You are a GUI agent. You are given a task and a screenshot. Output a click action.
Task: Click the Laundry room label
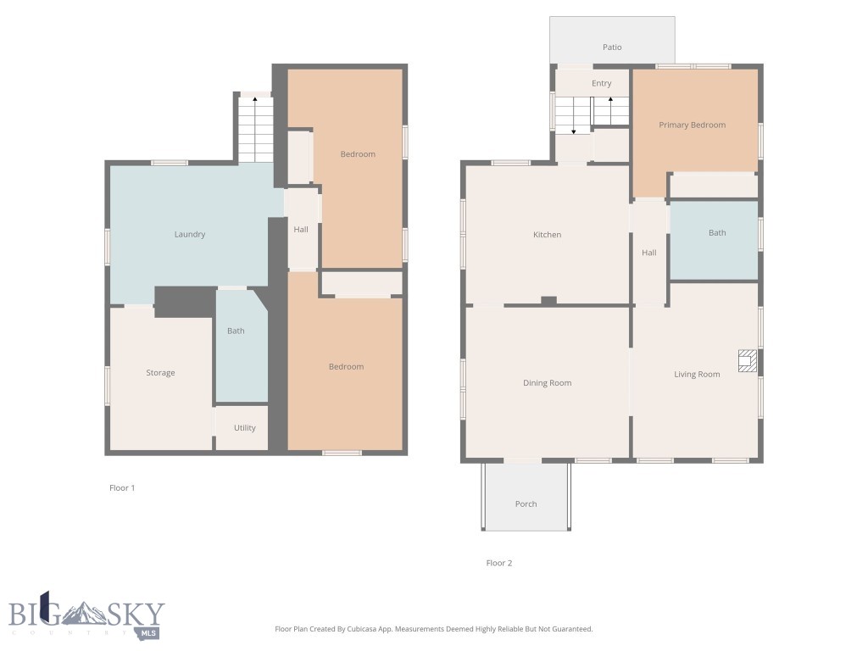(190, 235)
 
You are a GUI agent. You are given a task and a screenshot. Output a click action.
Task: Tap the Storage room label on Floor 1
(160, 373)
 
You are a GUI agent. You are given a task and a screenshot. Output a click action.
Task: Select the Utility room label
(245, 428)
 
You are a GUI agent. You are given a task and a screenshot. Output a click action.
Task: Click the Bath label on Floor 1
(236, 331)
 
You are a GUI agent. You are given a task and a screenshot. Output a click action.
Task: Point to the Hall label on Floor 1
(301, 230)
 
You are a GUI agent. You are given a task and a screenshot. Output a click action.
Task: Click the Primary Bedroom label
(693, 125)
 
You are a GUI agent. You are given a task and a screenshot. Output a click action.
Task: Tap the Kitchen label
(547, 235)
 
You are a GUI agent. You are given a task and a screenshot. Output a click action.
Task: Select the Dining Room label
(547, 383)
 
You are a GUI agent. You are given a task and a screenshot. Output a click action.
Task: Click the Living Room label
(697, 375)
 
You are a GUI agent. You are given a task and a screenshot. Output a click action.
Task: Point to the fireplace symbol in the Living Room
(746, 361)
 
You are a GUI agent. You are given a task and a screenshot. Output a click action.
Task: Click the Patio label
(612, 47)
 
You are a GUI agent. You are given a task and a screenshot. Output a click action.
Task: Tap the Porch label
(526, 504)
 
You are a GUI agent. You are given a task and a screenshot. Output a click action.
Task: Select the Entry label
(602, 84)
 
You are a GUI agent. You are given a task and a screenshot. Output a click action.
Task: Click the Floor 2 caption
(499, 563)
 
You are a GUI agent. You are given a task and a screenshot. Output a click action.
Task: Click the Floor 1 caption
(122, 488)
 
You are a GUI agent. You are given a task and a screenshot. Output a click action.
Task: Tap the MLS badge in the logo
(149, 632)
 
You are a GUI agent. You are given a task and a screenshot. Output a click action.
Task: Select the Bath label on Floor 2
(717, 233)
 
